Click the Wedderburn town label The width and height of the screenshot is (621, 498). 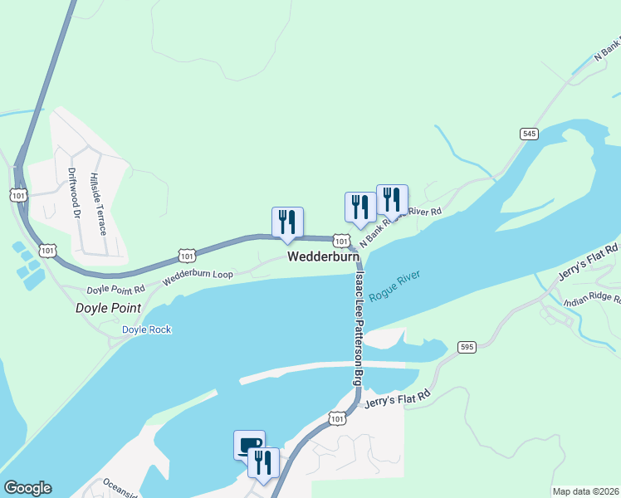point(323,258)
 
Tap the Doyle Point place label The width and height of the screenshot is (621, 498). point(108,308)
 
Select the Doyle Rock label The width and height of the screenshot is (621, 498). point(146,330)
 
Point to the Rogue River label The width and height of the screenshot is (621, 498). point(396,285)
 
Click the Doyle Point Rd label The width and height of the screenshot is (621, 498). point(116,290)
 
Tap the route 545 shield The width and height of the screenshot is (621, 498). point(529,133)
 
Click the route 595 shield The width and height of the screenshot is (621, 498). point(467,347)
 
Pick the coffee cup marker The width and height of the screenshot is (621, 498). point(249,445)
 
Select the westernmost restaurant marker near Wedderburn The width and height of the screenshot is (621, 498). point(287,222)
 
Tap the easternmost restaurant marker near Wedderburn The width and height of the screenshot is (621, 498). point(392,200)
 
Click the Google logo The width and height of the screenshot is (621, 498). point(27,488)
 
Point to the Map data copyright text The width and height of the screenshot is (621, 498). point(586,491)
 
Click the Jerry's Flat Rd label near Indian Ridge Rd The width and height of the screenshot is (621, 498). point(589,263)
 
